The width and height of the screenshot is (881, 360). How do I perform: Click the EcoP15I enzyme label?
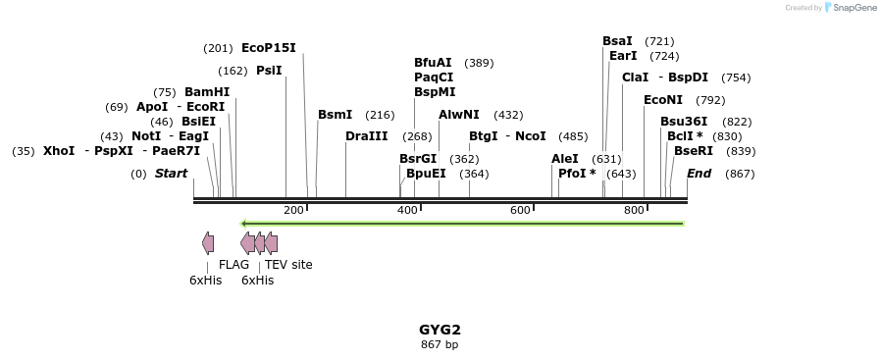[x=268, y=48]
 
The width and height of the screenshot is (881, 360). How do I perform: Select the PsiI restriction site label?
[x=269, y=71]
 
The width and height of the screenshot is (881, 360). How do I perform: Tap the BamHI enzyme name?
[x=207, y=92]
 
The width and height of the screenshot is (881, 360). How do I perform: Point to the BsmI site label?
[x=335, y=115]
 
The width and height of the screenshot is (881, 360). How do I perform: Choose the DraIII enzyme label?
[x=366, y=136]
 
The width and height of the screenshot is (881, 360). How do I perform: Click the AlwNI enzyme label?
[x=459, y=115]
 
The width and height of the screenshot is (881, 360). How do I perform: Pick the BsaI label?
[x=618, y=41]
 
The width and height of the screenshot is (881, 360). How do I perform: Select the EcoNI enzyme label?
[x=663, y=100]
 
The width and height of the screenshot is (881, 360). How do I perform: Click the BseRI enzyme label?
[x=694, y=151]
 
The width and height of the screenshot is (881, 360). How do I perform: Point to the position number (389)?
[x=479, y=63]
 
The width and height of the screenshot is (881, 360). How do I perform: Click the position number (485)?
[x=573, y=136]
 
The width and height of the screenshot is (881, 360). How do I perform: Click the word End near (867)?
[x=700, y=174]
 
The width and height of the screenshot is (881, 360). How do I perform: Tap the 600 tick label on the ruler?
[x=520, y=211]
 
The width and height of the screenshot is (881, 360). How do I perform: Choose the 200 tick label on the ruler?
[x=293, y=211]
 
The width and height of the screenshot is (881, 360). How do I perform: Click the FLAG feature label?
[x=233, y=265]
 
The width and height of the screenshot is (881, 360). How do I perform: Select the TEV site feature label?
[x=288, y=265]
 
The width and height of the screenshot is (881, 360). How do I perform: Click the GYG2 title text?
[x=440, y=330]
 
